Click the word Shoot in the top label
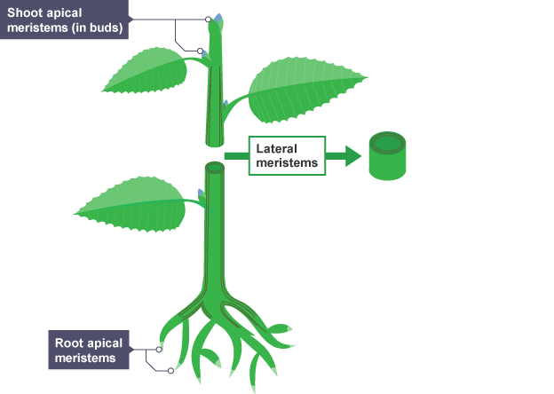(x=27, y=13)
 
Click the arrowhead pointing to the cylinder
(x=351, y=157)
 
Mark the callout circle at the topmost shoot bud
(x=208, y=19)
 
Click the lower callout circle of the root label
(x=170, y=370)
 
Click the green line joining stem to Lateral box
(x=235, y=156)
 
